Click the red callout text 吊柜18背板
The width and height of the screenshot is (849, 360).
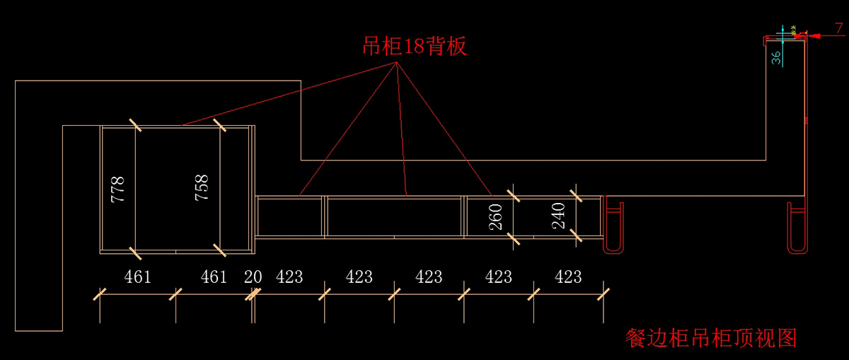coord(415,46)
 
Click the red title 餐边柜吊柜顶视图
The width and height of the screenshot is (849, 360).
coord(711,338)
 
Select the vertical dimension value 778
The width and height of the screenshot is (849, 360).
coord(117,189)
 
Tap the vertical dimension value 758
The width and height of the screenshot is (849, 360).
coord(201,187)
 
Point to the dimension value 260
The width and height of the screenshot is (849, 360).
coord(495,216)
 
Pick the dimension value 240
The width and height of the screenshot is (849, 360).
coord(558,216)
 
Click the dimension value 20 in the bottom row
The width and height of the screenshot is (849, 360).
coord(253,277)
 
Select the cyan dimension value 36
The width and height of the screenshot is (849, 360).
coord(776,58)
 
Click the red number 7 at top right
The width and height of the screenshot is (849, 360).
coord(839,28)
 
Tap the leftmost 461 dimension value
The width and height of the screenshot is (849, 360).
coord(137,277)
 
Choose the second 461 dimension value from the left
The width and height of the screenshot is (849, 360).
coord(214,277)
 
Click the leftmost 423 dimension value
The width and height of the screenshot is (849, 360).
coord(289,277)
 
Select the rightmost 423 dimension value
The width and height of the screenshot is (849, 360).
coord(568,277)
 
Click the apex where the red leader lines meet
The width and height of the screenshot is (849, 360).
coord(396,62)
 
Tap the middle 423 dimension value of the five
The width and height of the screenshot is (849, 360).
coord(429,277)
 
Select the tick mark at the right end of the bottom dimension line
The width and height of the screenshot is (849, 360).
coord(603,294)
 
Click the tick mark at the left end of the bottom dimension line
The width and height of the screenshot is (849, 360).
coord(100,294)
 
